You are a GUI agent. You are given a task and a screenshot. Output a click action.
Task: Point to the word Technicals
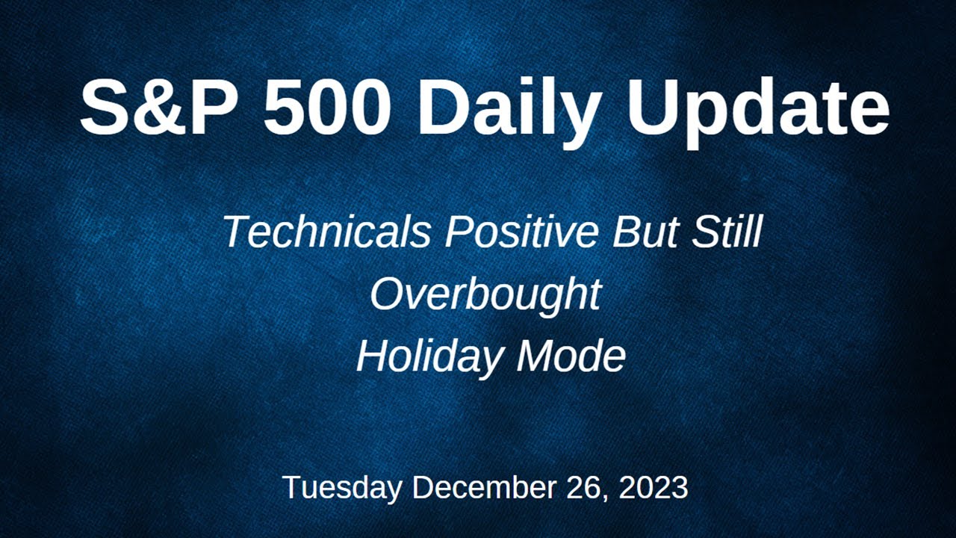coord(326,232)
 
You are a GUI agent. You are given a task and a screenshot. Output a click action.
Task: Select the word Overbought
coord(485,294)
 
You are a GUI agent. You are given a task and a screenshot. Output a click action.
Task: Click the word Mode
coord(571,356)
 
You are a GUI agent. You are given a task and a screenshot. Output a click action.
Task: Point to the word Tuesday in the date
coord(343,488)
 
